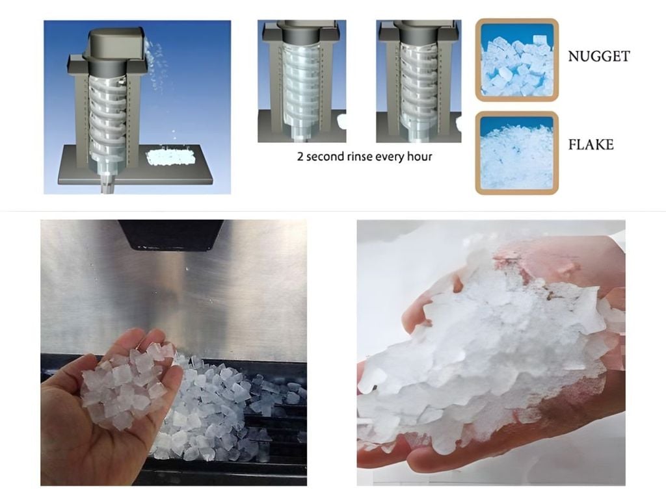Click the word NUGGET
tap(599, 57)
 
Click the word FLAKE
tap(591, 145)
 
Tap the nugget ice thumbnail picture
tap(517, 60)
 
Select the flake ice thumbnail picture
tap(517, 153)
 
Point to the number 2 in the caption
tap(300, 157)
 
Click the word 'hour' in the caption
tap(420, 157)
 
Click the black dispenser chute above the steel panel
tap(172, 235)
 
